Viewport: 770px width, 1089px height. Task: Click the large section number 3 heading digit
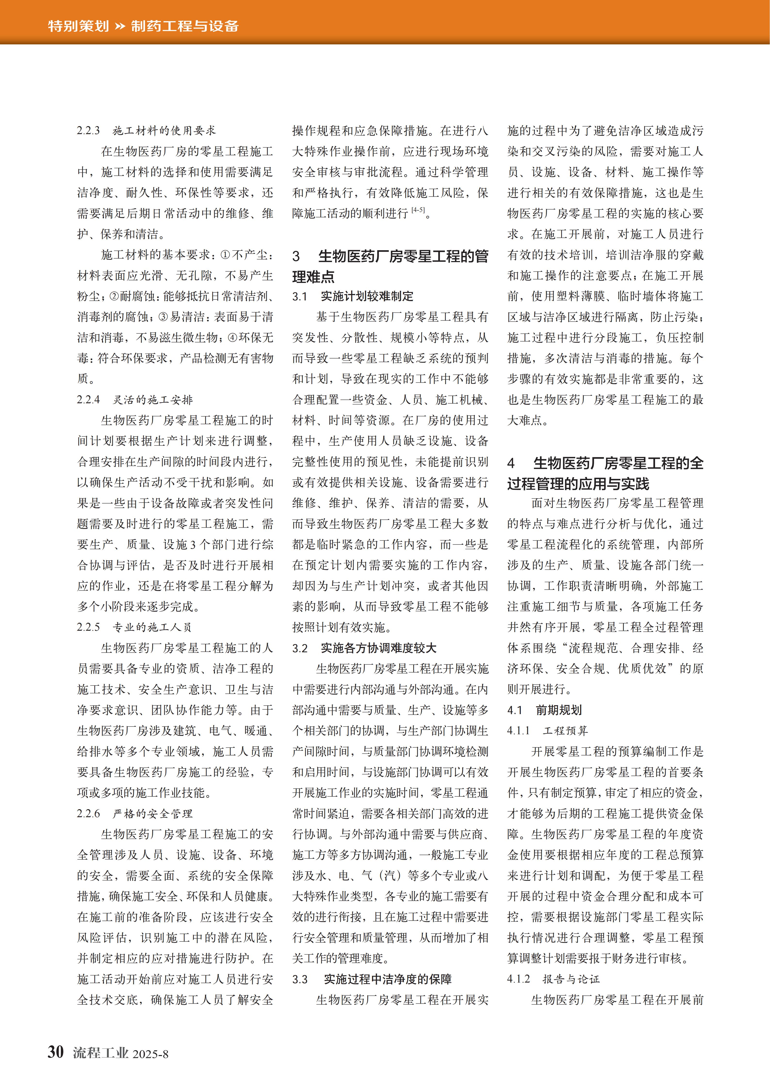pos(296,257)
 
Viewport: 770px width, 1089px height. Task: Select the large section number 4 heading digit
pos(511,463)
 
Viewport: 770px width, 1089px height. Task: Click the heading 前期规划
pos(559,710)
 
